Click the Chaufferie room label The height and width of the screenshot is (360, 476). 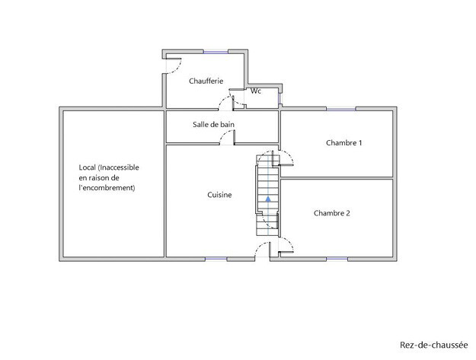pyautogui.click(x=206, y=81)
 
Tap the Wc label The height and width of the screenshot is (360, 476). pyautogui.click(x=256, y=91)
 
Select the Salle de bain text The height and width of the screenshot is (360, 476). pyautogui.click(x=213, y=124)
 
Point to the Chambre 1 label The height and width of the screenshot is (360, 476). pyautogui.click(x=344, y=143)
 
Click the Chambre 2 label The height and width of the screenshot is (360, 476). pyautogui.click(x=332, y=213)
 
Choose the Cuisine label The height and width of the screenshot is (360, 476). pyautogui.click(x=219, y=195)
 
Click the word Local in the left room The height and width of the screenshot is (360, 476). pyautogui.click(x=88, y=167)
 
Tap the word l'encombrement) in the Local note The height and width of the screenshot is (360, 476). pyautogui.click(x=107, y=188)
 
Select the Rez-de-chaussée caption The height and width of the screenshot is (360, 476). pyautogui.click(x=434, y=345)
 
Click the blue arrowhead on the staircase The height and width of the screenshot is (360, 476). pyautogui.click(x=268, y=199)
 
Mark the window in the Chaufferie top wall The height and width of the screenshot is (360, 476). pyautogui.click(x=216, y=53)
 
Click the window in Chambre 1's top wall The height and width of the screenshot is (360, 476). pyautogui.click(x=341, y=109)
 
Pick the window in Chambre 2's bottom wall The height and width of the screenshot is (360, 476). pyautogui.click(x=337, y=259)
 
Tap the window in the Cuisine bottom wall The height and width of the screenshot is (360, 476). pyautogui.click(x=216, y=259)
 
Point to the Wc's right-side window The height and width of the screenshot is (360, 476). pyautogui.click(x=280, y=97)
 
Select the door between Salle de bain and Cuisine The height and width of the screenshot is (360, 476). pyautogui.click(x=228, y=137)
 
